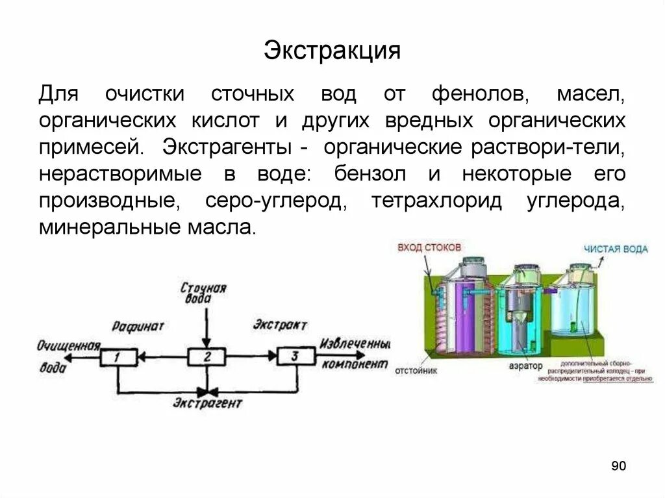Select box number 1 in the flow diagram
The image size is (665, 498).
(x=118, y=356)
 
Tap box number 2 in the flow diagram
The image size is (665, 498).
(x=207, y=356)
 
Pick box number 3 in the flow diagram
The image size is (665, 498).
(x=295, y=356)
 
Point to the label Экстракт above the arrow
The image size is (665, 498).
(x=280, y=325)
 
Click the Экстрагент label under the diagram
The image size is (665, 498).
(x=207, y=404)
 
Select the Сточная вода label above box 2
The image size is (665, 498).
(x=204, y=293)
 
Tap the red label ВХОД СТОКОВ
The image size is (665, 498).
(x=429, y=247)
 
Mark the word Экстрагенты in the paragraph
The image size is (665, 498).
(x=228, y=147)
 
